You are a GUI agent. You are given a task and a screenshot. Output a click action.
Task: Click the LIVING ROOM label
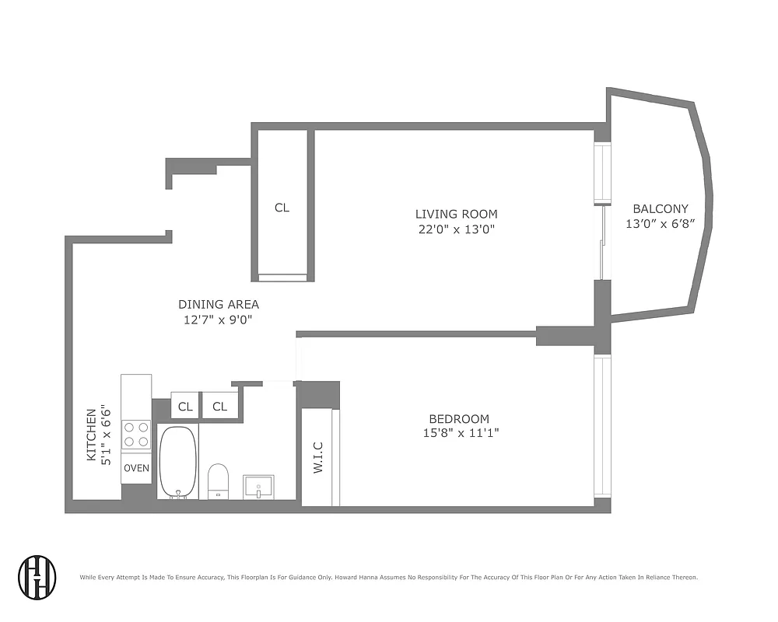(x=456, y=214)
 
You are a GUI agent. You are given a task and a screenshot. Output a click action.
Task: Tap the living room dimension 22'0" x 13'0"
(x=456, y=229)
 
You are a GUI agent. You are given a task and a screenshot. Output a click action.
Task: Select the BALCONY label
(x=660, y=208)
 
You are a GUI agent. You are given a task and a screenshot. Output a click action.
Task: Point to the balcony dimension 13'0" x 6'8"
(x=660, y=223)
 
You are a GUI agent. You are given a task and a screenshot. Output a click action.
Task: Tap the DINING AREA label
(x=219, y=304)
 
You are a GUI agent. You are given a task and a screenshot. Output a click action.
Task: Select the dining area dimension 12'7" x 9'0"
(x=219, y=320)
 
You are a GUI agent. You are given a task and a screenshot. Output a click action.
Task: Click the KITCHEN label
(x=91, y=435)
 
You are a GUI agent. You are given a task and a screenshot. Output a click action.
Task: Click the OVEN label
(x=136, y=468)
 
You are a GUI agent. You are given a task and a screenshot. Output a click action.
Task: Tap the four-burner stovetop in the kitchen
(x=136, y=434)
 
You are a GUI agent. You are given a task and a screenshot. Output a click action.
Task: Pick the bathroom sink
(x=258, y=487)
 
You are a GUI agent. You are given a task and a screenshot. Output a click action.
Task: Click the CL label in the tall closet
(x=282, y=208)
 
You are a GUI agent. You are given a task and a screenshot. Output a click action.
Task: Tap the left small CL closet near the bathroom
(x=185, y=406)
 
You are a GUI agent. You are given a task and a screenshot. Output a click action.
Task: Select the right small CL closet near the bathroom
(x=219, y=406)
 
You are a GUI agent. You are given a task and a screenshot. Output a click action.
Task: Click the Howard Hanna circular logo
(x=37, y=577)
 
